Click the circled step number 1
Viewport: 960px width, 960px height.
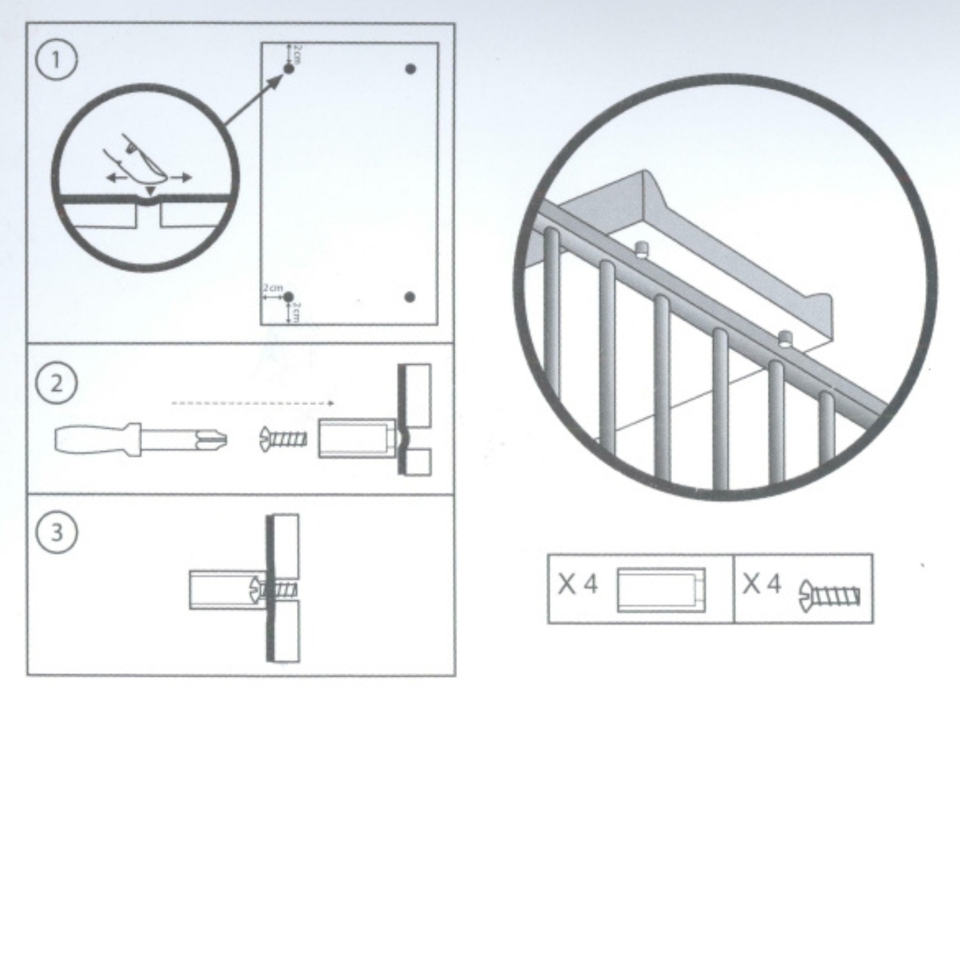click(56, 61)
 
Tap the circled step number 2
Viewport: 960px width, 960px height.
click(56, 384)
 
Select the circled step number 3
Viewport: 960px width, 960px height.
click(56, 532)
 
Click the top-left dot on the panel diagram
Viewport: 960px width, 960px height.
click(289, 68)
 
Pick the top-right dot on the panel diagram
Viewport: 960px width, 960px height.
click(410, 68)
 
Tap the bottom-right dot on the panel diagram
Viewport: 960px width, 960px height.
click(410, 297)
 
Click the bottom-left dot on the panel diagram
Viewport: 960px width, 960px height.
click(289, 297)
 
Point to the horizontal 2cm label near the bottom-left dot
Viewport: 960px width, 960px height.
click(273, 288)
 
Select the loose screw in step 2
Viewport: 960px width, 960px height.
click(283, 439)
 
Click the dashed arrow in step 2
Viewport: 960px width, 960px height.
click(253, 403)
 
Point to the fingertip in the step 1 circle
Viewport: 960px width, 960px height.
click(156, 173)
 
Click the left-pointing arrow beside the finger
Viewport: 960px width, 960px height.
click(116, 178)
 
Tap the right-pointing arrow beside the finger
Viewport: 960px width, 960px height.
click(180, 177)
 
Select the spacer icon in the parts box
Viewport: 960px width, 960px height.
click(661, 589)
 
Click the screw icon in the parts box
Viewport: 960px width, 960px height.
click(829, 594)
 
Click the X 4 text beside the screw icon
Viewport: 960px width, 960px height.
click(762, 584)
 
